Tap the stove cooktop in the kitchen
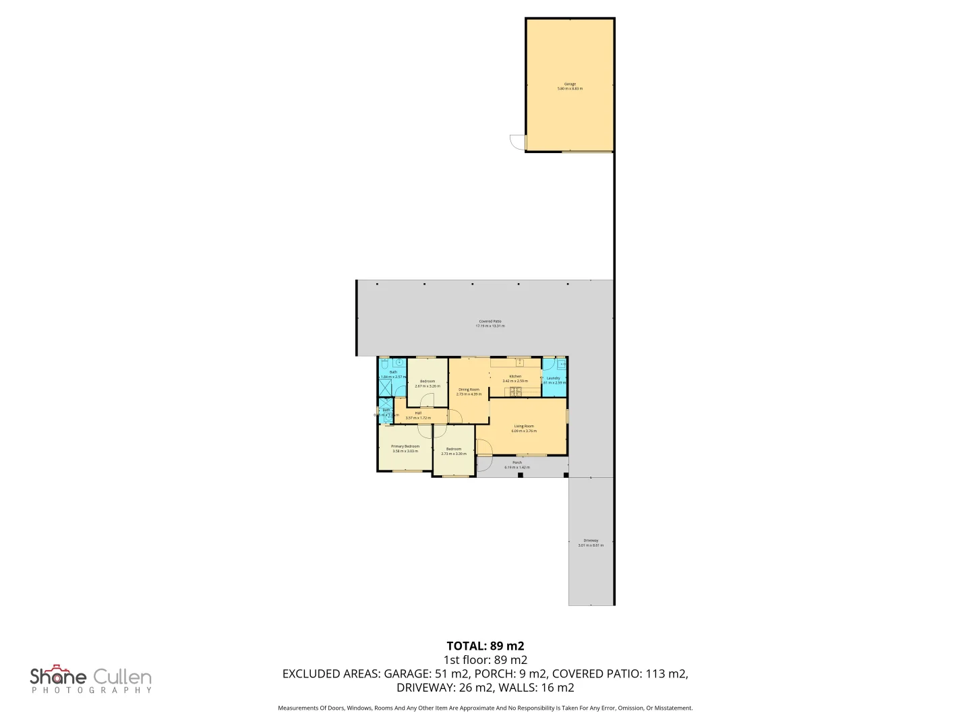(x=516, y=392)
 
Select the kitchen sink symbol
(x=520, y=363)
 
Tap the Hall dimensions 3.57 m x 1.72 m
(x=418, y=418)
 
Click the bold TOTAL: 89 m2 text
(x=485, y=646)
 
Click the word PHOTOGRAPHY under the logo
(x=91, y=690)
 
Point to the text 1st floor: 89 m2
(x=485, y=660)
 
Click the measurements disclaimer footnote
(x=485, y=708)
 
